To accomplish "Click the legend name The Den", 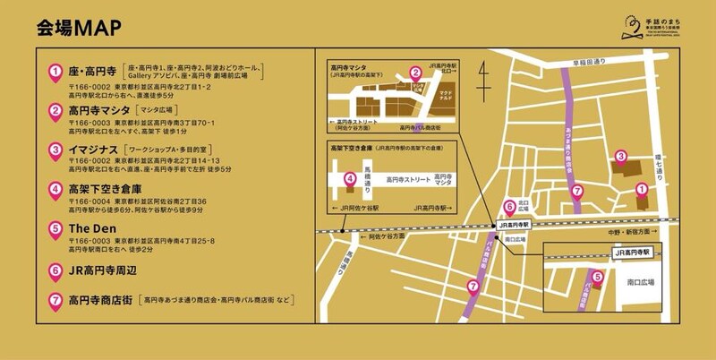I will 88,227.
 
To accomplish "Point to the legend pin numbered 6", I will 55,269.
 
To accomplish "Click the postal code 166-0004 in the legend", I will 94,201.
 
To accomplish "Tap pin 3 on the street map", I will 620,158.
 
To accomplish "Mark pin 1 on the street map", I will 641,187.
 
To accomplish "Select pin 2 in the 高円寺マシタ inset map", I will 414,73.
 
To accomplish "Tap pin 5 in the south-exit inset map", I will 598,277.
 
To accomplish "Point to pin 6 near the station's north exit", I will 509,206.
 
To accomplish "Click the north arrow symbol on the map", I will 483,81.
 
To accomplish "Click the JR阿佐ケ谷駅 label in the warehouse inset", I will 356,208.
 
